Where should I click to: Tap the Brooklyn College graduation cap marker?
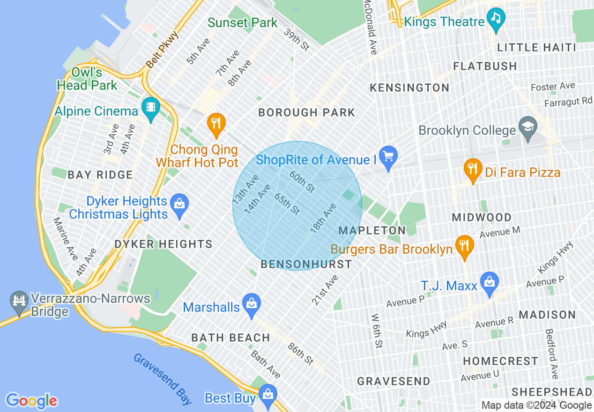click(x=528, y=128)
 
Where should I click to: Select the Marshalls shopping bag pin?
click(x=252, y=305)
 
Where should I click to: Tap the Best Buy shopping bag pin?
click(x=268, y=396)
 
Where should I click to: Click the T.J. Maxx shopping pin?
click(x=490, y=283)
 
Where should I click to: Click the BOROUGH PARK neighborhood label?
click(x=306, y=112)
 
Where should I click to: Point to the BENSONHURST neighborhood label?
click(x=306, y=264)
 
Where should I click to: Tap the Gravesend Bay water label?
click(x=162, y=378)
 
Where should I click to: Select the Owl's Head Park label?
click(x=87, y=79)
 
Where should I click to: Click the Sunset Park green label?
click(x=242, y=22)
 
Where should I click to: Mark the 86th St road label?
click(x=300, y=354)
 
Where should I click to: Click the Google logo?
click(x=31, y=401)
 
